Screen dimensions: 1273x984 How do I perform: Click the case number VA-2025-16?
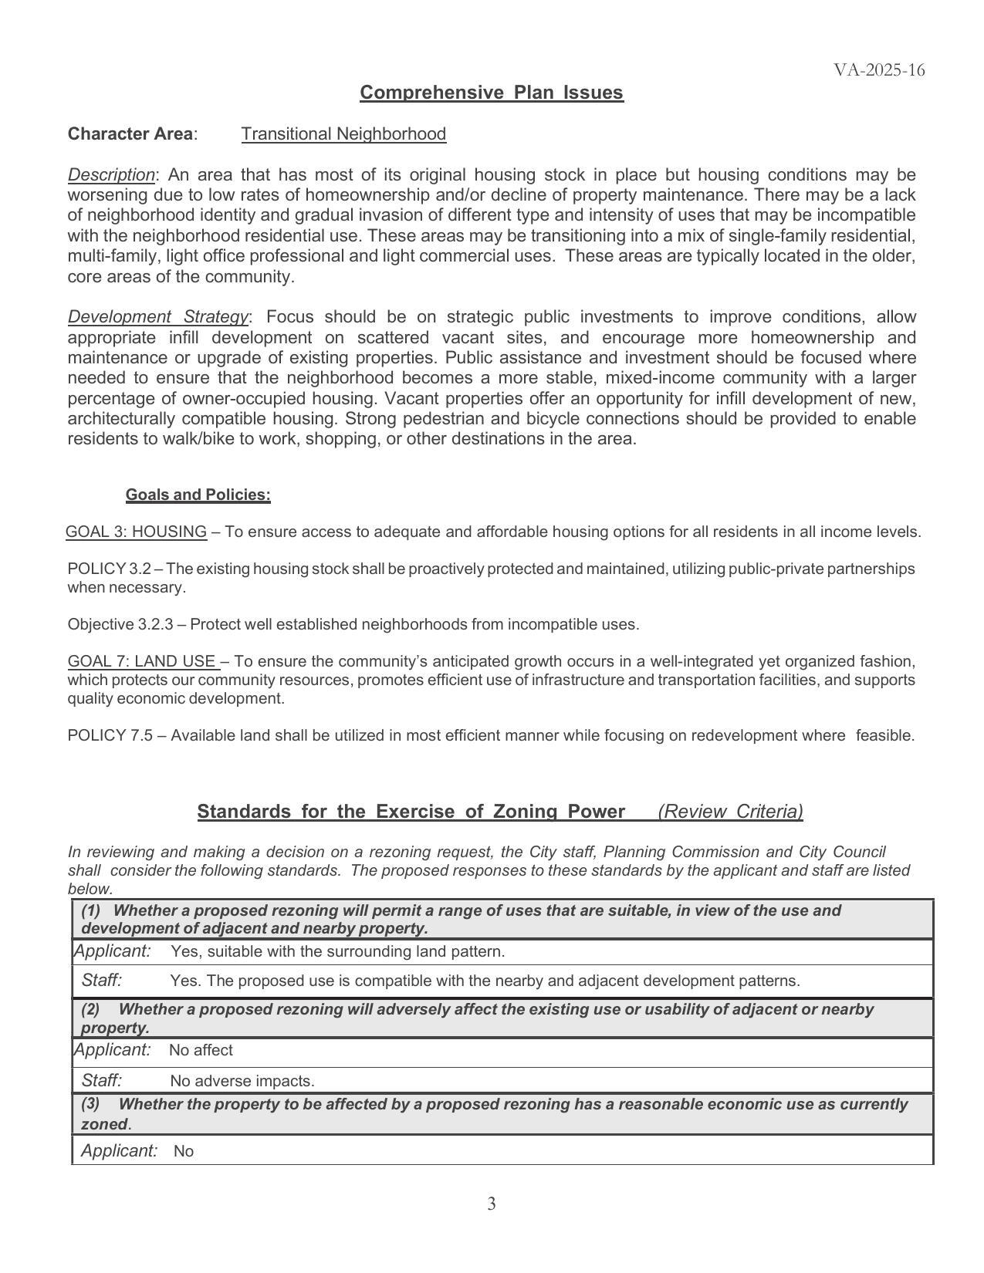(878, 70)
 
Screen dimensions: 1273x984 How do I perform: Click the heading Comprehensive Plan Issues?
(491, 93)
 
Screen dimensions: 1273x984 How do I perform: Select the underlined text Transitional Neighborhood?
(343, 134)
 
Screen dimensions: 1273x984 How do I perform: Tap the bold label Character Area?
(130, 134)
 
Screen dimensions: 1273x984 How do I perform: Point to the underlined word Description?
(111, 174)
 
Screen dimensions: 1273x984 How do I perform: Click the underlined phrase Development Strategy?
(158, 317)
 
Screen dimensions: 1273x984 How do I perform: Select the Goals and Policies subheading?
(198, 495)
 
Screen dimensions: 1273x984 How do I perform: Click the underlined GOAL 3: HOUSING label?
(136, 532)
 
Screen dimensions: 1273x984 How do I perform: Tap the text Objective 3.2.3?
(120, 624)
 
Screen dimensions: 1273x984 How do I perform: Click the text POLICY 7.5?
(110, 735)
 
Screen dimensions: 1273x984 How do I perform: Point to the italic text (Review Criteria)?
(730, 812)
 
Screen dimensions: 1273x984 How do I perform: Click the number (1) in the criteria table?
(90, 910)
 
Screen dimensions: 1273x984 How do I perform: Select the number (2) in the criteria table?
(90, 1009)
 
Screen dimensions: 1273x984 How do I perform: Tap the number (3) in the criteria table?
(90, 1104)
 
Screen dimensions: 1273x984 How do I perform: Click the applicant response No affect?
(201, 1050)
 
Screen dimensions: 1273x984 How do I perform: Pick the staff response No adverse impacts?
(242, 1081)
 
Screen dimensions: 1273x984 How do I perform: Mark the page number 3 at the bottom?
(492, 1204)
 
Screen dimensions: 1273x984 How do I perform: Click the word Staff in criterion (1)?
(101, 981)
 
